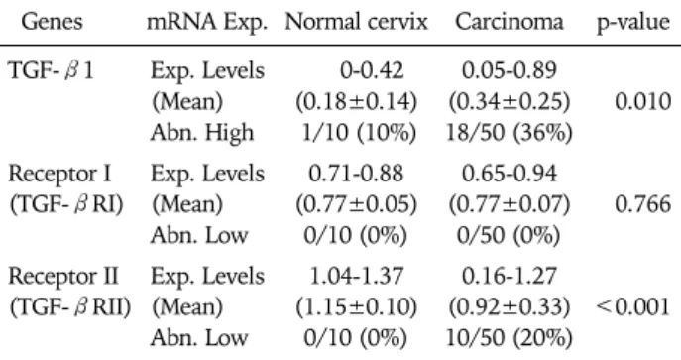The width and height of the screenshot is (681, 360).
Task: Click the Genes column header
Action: (52, 21)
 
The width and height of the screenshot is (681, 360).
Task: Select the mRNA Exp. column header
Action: (207, 22)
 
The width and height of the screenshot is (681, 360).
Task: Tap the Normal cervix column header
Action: (357, 21)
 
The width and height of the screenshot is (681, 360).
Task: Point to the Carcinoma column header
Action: (509, 21)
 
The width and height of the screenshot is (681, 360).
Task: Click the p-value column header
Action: (633, 22)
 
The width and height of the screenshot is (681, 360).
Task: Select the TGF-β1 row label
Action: (51, 70)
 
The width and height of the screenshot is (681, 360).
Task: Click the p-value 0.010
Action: (642, 101)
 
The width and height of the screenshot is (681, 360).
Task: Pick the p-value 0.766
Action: (642, 204)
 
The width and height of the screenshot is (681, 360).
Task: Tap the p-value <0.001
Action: (633, 306)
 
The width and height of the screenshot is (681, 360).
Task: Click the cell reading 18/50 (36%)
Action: (509, 133)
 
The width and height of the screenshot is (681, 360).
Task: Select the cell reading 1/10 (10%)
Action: (359, 133)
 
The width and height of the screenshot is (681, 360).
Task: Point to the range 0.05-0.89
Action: (509, 70)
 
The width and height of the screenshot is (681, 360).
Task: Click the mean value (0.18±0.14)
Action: (356, 101)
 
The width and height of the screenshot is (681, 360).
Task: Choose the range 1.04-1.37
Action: (356, 276)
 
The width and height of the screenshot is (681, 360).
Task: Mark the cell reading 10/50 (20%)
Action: (509, 338)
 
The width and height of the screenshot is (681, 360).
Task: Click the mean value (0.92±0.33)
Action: (509, 306)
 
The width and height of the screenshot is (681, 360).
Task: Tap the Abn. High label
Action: (202, 133)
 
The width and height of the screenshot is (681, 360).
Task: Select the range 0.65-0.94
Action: (509, 174)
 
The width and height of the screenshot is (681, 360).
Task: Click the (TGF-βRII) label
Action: (70, 306)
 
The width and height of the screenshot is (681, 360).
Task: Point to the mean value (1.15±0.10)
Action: (356, 306)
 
